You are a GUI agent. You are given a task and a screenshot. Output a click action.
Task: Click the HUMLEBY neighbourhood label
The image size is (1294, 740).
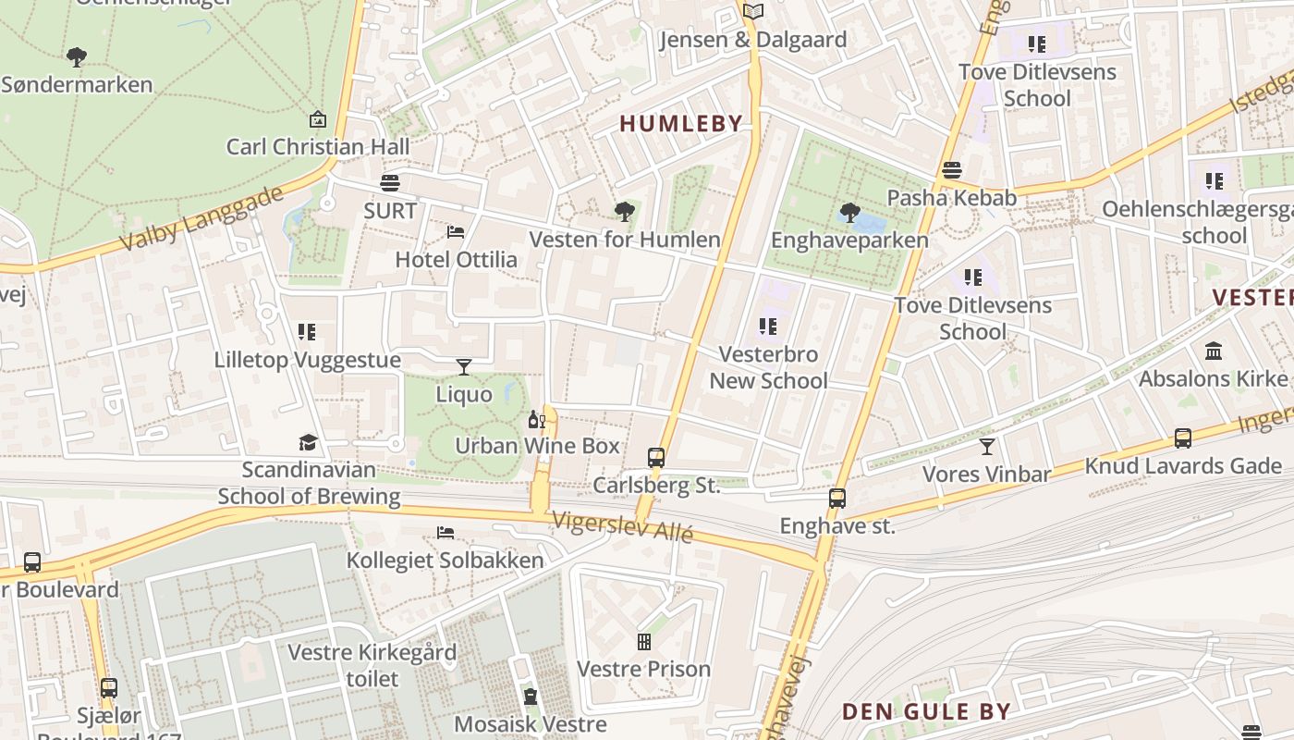pos(680,123)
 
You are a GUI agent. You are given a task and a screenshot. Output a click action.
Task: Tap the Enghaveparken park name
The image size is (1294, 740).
pos(849,240)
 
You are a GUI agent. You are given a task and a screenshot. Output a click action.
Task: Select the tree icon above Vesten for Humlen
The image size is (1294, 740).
pos(625,212)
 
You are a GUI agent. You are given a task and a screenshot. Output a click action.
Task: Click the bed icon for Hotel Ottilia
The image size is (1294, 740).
pos(456,231)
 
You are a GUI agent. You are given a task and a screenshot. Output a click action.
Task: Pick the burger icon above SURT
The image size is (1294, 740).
pos(390,182)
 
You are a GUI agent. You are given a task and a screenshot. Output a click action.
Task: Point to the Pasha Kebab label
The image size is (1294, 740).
pos(951,198)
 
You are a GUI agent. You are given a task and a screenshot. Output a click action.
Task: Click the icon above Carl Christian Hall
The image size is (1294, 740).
pos(318,118)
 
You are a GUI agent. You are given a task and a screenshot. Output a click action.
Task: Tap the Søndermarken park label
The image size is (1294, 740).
pos(77,85)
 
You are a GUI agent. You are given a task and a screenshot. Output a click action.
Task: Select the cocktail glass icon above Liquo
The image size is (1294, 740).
pos(464,367)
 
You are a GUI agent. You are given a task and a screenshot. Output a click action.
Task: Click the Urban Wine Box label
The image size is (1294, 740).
pos(537,446)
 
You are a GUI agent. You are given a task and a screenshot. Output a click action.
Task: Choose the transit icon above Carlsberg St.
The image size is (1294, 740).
pos(656,457)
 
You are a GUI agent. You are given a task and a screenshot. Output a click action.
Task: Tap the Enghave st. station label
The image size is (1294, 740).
pos(837,526)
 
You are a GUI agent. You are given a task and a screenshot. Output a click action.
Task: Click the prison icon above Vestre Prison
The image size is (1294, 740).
pos(644,641)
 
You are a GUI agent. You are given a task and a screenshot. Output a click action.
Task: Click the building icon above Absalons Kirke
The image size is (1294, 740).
pos(1214,351)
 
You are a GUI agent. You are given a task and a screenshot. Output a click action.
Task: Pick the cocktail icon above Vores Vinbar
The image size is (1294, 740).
pos(987,447)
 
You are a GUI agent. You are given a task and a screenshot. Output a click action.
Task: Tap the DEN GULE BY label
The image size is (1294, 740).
pos(925,711)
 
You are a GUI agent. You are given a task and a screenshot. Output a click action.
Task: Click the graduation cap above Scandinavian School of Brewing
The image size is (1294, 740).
pos(308,443)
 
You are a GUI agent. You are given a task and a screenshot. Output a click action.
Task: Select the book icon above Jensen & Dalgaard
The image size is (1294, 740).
pos(753,12)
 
